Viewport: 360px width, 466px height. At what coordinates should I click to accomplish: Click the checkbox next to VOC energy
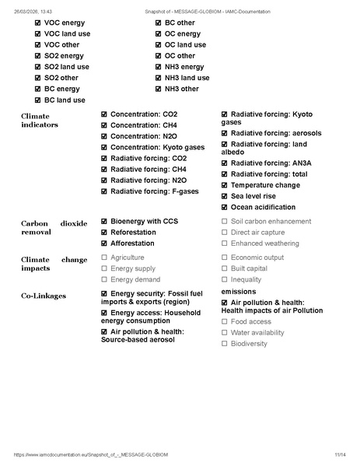tap(38, 23)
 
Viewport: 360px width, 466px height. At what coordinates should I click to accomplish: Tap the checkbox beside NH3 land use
tap(159, 78)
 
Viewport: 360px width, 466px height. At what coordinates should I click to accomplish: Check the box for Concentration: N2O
tap(104, 136)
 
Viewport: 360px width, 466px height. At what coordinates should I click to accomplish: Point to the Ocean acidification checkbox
tap(225, 208)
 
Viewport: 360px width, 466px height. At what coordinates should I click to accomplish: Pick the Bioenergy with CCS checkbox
tap(104, 222)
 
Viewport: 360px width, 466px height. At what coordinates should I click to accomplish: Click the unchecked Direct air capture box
tap(225, 233)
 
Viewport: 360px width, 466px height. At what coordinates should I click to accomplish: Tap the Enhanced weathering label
tap(264, 244)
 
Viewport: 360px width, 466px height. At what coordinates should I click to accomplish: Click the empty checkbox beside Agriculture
tap(104, 258)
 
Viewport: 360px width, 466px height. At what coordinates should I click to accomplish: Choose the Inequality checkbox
tap(225, 280)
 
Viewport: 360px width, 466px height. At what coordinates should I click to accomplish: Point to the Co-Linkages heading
tap(44, 296)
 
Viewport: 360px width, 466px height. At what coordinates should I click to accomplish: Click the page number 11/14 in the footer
tap(340, 454)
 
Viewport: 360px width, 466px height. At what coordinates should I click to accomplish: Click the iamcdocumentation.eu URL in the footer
tap(90, 454)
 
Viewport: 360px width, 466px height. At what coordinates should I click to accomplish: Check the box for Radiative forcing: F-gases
tap(104, 191)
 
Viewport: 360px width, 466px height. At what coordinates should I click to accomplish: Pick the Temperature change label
tap(265, 185)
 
